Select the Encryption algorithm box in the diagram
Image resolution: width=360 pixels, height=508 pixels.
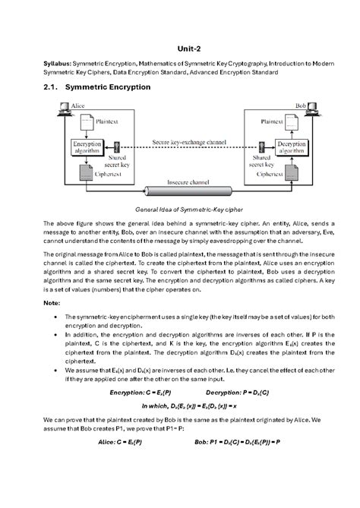coord(86,147)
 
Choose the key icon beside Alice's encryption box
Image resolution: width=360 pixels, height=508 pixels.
coord(116,147)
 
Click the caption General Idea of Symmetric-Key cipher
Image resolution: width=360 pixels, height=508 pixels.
coord(179,209)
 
